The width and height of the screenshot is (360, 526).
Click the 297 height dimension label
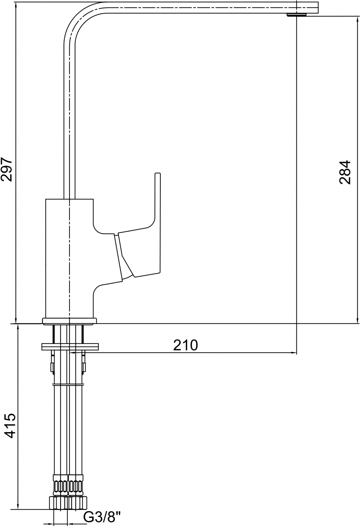(6, 169)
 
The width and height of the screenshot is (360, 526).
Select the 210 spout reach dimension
(185, 345)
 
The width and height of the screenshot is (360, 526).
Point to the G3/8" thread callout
(102, 518)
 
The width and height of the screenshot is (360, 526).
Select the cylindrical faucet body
(69, 258)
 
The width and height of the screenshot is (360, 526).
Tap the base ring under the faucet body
(69, 321)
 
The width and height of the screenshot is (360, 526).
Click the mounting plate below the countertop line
(70, 347)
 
